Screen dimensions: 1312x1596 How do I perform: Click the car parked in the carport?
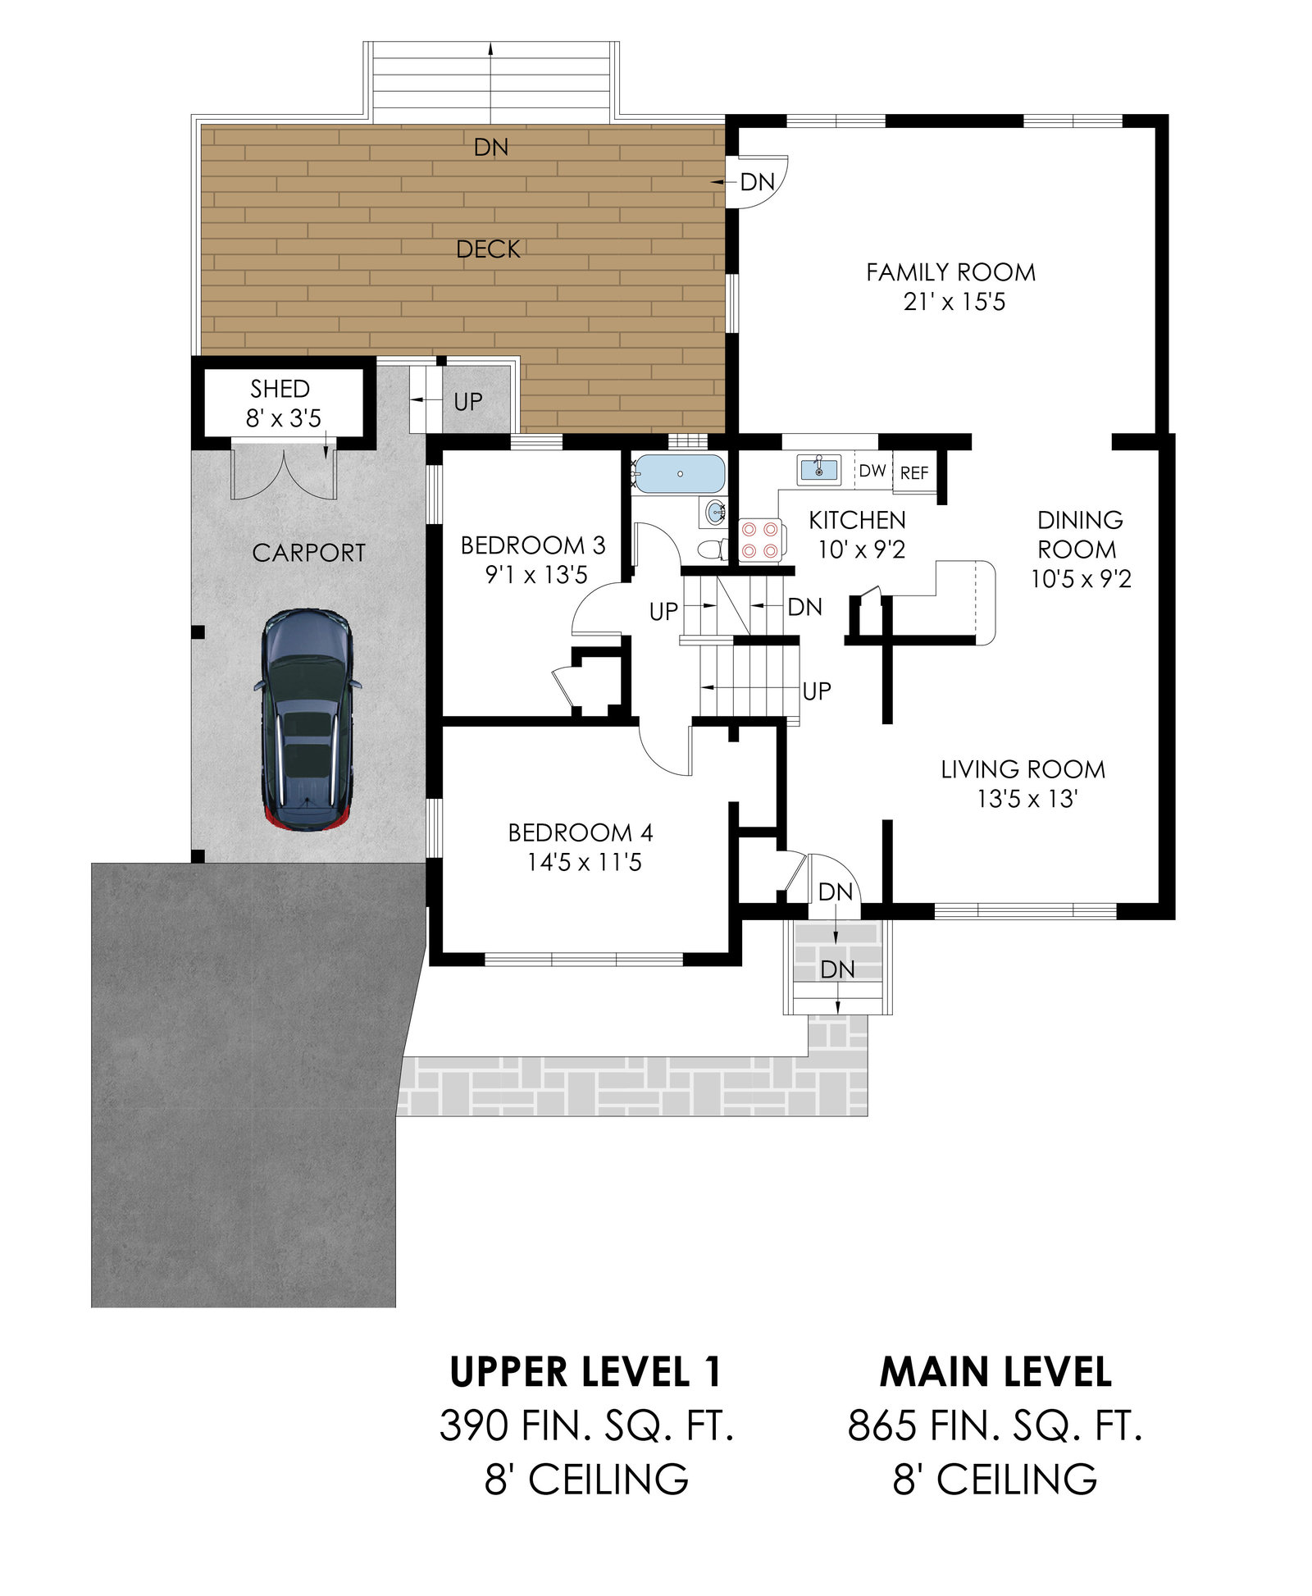click(x=307, y=719)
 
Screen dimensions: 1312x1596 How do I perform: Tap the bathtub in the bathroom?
click(x=680, y=473)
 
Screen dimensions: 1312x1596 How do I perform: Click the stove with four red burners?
click(x=760, y=540)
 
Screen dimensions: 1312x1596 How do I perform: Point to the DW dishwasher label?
click(x=872, y=471)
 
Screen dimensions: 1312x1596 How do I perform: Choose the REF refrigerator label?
click(x=914, y=473)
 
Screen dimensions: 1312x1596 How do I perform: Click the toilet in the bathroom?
click(x=711, y=548)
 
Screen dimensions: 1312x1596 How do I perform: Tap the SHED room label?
click(x=280, y=389)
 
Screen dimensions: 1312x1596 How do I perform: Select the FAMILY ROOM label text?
click(x=951, y=272)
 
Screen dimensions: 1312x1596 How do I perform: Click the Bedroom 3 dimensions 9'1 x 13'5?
click(x=536, y=575)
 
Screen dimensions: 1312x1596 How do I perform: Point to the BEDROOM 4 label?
click(x=581, y=833)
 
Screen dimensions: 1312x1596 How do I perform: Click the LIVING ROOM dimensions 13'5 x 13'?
click(x=1027, y=799)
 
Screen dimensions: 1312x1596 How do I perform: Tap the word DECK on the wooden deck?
click(x=488, y=249)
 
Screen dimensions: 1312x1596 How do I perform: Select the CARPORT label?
click(x=309, y=554)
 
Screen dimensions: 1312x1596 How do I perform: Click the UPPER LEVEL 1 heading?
click(x=585, y=1373)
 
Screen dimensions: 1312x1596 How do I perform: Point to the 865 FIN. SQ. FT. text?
click(x=995, y=1426)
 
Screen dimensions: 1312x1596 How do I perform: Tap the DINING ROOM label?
click(x=1079, y=535)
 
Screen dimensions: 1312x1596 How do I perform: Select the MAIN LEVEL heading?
click(x=995, y=1373)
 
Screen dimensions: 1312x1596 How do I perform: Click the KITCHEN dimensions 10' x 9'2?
click(x=862, y=549)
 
